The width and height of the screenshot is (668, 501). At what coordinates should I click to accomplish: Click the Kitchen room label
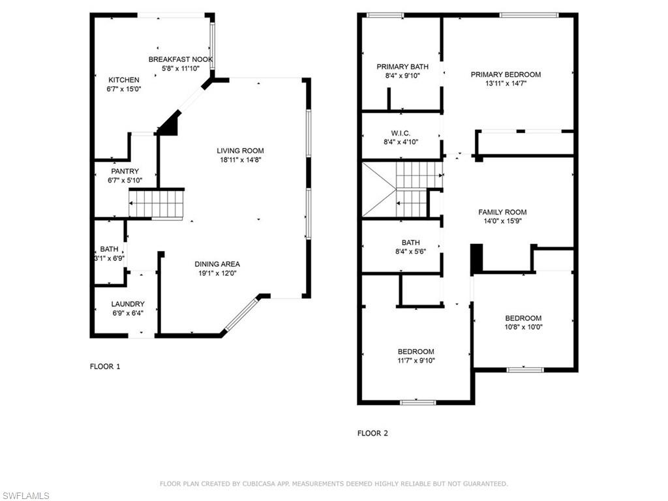pos(124,80)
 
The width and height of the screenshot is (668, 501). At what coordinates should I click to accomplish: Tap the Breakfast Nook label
pos(181,59)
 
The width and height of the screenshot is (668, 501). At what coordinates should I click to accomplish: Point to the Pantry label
pos(125,172)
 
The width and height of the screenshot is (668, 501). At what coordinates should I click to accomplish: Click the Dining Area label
pos(217,264)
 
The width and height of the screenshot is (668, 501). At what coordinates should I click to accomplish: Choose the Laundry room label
pos(127,304)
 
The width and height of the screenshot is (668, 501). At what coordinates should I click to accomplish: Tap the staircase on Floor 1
pos(157,204)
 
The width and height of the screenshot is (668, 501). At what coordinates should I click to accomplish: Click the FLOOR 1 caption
pos(105,367)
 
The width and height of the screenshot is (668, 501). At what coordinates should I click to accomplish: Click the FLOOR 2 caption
pos(372,433)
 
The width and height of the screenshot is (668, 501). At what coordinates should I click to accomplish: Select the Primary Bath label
pos(402,67)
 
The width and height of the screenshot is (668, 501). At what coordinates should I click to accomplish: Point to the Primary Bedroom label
pos(506,74)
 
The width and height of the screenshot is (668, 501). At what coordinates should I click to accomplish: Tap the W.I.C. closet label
pos(401,133)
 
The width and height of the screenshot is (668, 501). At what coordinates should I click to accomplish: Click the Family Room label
pos(502,212)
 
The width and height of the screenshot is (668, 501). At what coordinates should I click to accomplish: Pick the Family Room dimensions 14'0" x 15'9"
pos(502,221)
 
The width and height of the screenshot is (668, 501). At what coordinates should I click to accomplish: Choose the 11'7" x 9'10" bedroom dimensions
pos(416,361)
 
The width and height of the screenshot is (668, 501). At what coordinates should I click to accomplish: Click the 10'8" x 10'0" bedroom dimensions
pos(523,327)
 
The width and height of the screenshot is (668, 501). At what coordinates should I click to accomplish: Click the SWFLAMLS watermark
pos(25,496)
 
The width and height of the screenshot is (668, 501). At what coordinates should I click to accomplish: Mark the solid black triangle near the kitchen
pos(170,124)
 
